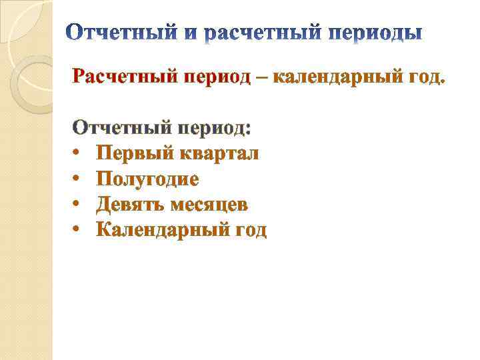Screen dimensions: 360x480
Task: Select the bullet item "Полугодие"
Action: [x=147, y=179]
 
